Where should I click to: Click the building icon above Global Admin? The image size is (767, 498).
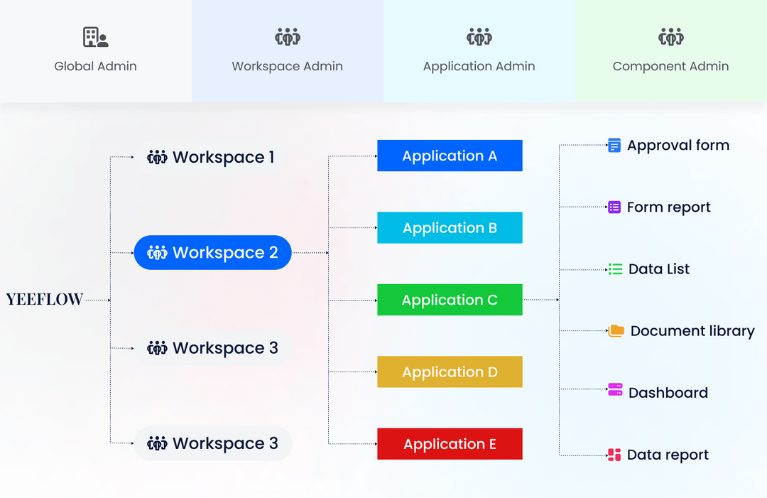tap(95, 37)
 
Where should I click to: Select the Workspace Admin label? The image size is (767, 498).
tap(287, 67)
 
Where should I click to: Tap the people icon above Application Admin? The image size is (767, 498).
tap(479, 37)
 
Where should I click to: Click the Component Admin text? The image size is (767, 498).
tap(670, 67)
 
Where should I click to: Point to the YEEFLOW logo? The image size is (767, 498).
tap(45, 300)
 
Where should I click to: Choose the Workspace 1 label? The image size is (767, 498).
tap(223, 157)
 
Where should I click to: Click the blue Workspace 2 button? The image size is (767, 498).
tap(213, 252)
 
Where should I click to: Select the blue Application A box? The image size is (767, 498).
tap(450, 156)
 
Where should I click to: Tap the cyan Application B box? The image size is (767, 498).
tap(450, 228)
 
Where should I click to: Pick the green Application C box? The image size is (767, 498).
tap(450, 300)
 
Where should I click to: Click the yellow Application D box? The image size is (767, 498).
tap(450, 372)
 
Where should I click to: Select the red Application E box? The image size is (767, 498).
tap(450, 444)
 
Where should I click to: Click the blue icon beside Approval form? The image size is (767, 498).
tap(614, 146)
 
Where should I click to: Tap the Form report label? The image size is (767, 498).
tap(668, 207)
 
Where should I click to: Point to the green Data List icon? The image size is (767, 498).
tap(615, 269)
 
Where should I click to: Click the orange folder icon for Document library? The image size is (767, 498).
tap(616, 330)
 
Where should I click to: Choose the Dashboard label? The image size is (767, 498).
tap(668, 393)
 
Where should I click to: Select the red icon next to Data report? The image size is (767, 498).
tap(614, 455)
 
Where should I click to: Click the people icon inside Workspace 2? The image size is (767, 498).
tap(157, 252)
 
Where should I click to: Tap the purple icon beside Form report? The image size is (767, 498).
tap(614, 207)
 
